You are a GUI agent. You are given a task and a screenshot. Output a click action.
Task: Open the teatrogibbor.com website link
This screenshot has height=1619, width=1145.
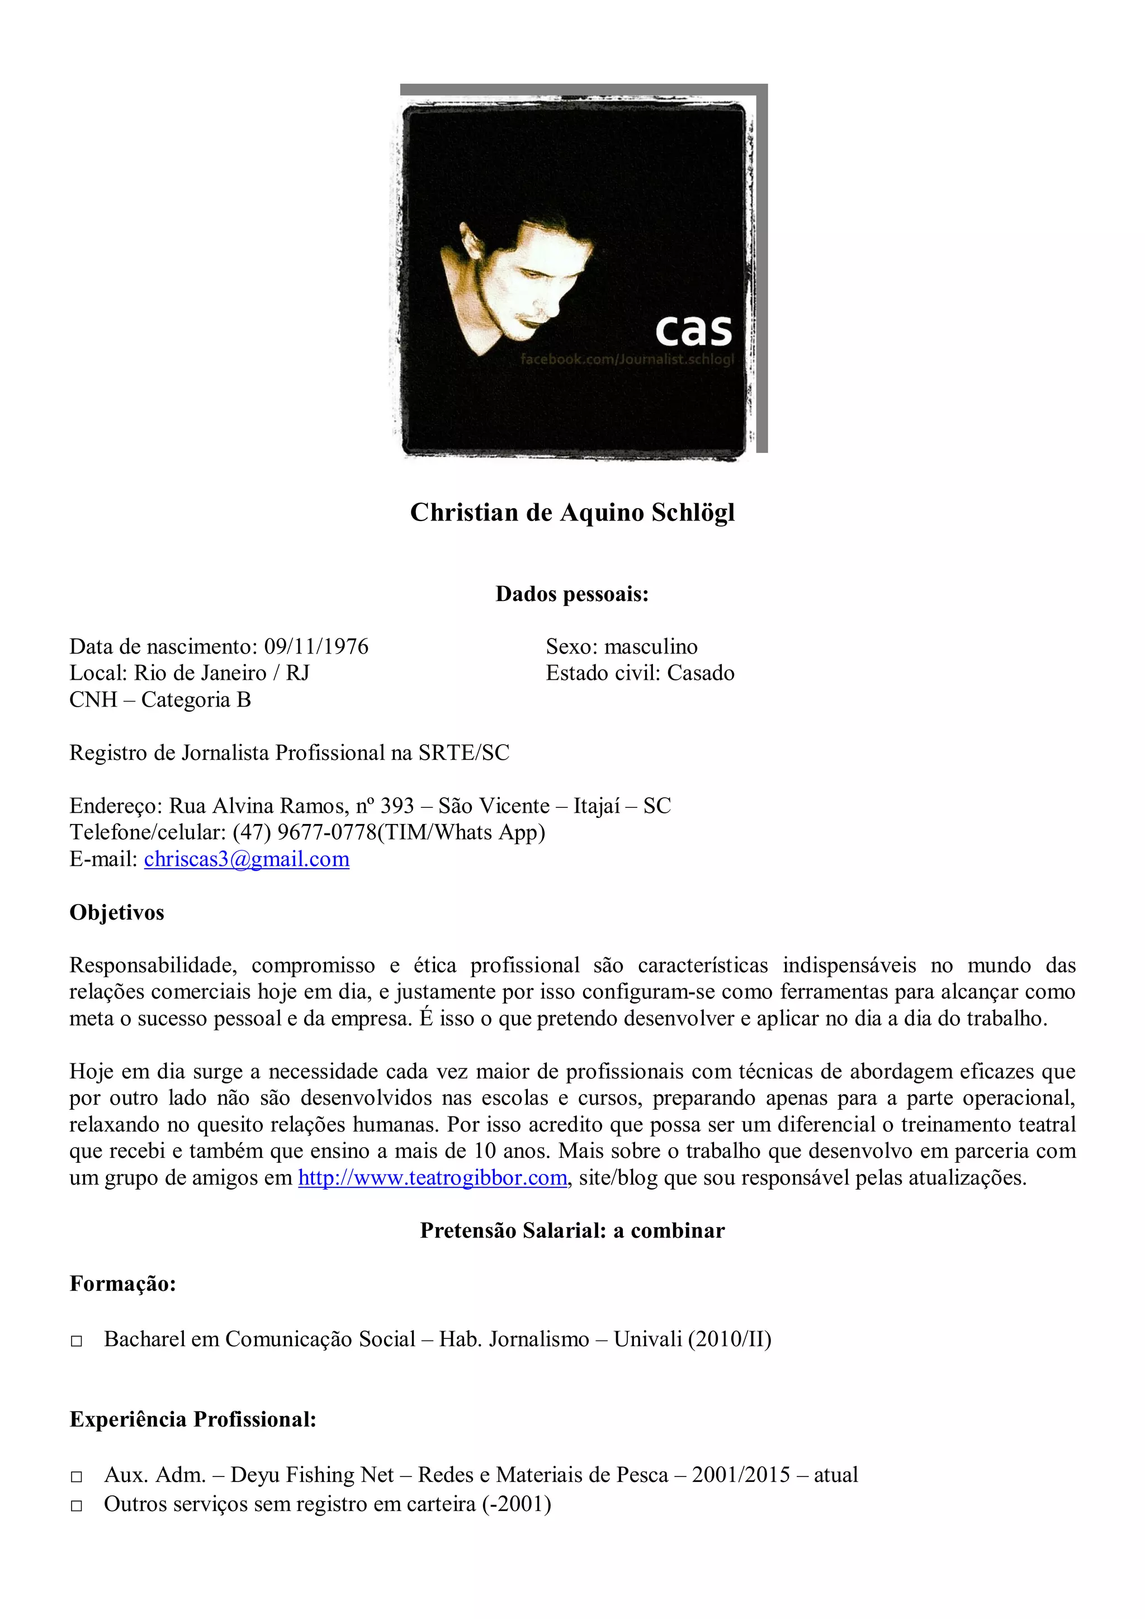tap(432, 1177)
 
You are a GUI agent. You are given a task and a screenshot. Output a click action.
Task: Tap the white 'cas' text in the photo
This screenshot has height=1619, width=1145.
tap(693, 330)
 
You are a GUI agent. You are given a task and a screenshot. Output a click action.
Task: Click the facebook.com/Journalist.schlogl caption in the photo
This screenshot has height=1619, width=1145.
tap(627, 359)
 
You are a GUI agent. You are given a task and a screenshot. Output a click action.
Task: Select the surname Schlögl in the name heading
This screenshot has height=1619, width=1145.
tap(692, 513)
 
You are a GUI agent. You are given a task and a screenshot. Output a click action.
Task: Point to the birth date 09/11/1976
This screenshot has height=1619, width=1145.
tap(316, 647)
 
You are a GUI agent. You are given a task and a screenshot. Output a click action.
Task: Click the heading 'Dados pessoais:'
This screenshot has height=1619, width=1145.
tap(572, 594)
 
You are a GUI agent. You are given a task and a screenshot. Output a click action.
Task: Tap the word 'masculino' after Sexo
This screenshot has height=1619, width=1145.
tap(651, 647)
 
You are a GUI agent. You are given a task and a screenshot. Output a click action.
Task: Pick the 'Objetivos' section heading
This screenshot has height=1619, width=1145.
tap(117, 912)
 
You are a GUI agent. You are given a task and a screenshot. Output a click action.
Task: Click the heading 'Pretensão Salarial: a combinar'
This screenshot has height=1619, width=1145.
tap(572, 1230)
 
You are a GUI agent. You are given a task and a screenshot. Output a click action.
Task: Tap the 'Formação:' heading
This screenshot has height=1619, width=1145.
tap(122, 1284)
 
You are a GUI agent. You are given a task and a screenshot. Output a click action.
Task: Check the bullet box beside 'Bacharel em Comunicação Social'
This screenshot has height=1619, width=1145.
tap(77, 1341)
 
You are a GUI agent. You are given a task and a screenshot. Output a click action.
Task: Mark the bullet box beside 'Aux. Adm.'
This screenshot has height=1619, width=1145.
tap(77, 1476)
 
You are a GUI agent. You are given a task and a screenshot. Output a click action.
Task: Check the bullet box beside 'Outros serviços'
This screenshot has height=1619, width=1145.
tap(77, 1506)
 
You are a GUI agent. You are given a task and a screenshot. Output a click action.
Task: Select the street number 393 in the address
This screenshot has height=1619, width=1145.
tap(397, 806)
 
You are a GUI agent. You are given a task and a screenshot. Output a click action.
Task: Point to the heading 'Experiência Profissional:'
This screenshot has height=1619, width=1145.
tap(192, 1419)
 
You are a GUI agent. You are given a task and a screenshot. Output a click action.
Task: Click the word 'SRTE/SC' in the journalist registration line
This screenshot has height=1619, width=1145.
tap(463, 753)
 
